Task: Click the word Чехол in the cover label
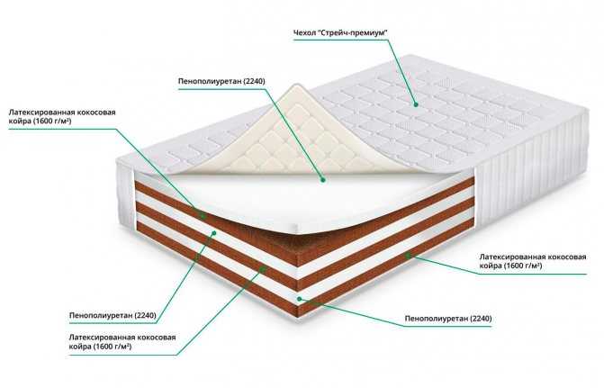(x=304, y=32)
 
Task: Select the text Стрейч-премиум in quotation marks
(x=353, y=32)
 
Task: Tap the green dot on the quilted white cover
(x=416, y=104)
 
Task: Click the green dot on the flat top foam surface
(x=323, y=179)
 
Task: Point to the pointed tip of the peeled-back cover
(x=295, y=86)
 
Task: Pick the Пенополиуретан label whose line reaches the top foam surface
(x=221, y=81)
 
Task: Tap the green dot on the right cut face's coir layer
(x=408, y=254)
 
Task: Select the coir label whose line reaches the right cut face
(x=533, y=261)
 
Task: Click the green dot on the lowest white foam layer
(x=300, y=299)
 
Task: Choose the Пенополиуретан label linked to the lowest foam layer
(x=448, y=319)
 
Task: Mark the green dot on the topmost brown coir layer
(x=203, y=216)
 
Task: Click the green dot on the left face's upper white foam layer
(x=214, y=233)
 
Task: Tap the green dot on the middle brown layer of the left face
(x=263, y=269)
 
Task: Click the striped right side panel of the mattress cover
(x=532, y=174)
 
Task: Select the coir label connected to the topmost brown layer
(x=62, y=116)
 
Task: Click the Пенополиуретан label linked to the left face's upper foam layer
(x=113, y=315)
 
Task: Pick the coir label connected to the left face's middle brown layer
(x=122, y=342)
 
